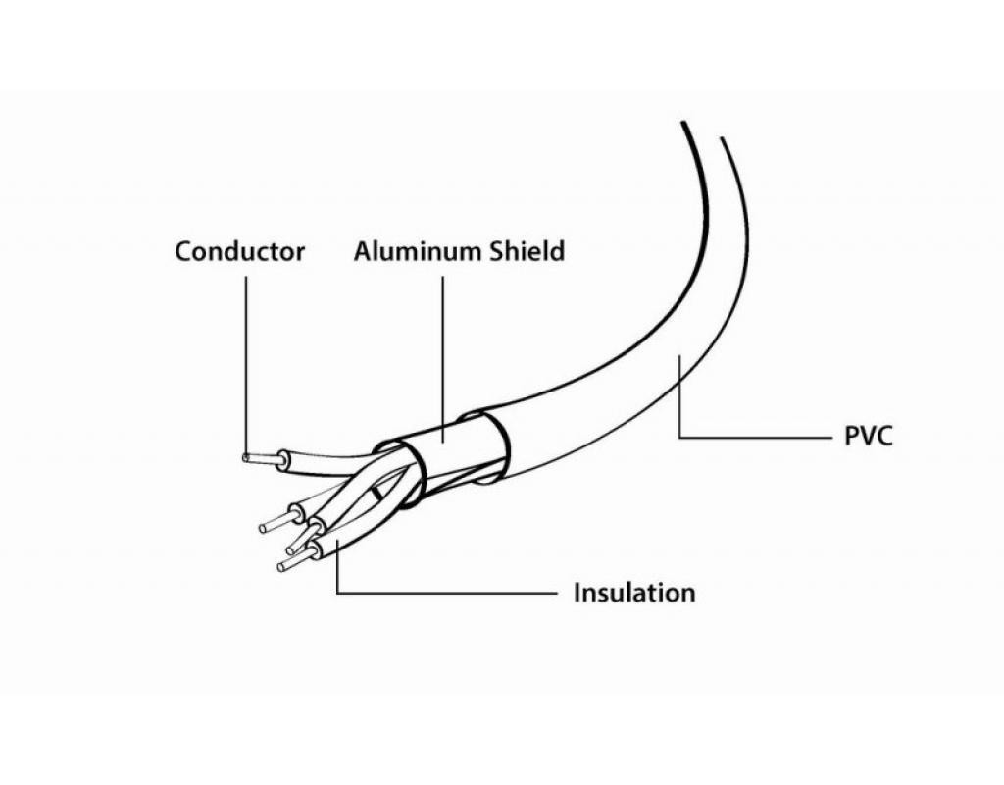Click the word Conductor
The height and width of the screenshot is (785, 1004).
[239, 251]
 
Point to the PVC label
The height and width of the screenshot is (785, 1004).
[869, 436]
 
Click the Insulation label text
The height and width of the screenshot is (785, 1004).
[633, 593]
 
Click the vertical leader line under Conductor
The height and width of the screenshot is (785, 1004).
[245, 363]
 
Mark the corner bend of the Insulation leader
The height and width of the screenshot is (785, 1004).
[336, 593]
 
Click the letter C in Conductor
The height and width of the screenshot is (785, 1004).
[183, 251]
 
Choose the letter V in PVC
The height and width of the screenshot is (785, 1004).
[869, 436]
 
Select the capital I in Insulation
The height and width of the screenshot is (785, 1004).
[577, 593]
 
